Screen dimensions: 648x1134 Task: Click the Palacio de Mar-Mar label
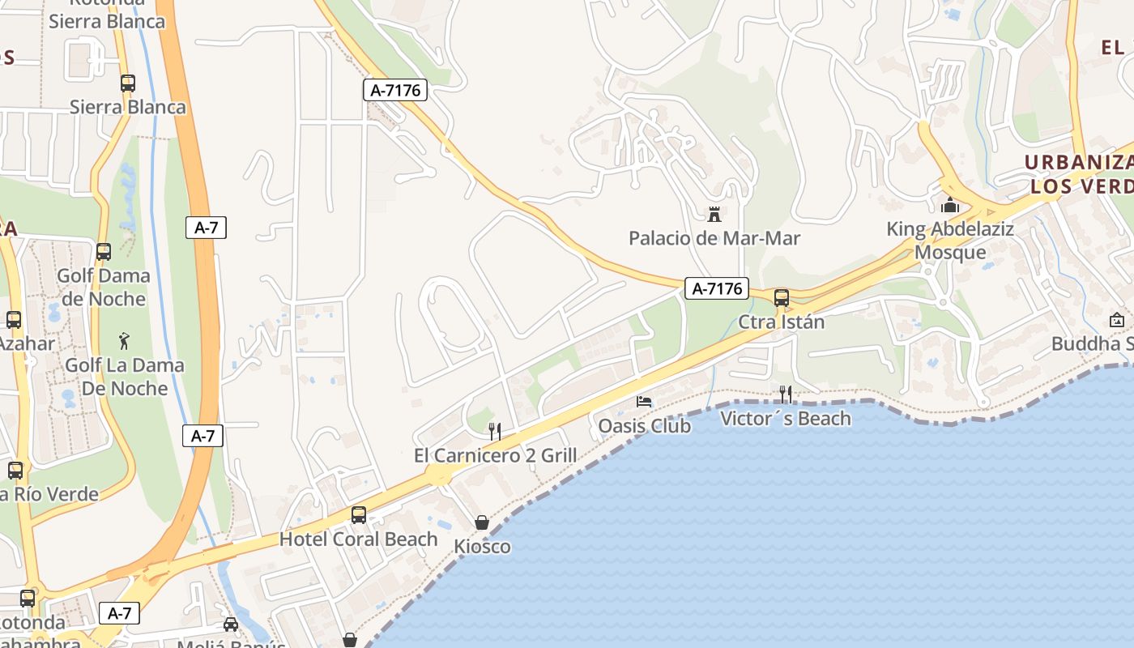pyautogui.click(x=714, y=238)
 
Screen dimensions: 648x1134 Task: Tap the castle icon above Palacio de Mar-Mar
pyautogui.click(x=714, y=215)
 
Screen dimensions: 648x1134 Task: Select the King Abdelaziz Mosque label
pyautogui.click(x=950, y=241)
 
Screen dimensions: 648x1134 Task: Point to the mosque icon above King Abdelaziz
pyautogui.click(x=950, y=205)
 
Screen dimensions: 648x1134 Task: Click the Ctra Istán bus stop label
pyautogui.click(x=781, y=322)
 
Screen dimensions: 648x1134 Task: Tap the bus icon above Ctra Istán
pyautogui.click(x=782, y=298)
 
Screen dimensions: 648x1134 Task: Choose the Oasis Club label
pyautogui.click(x=644, y=425)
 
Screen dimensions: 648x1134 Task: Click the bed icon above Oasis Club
pyautogui.click(x=644, y=402)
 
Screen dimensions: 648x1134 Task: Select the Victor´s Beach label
pyautogui.click(x=786, y=418)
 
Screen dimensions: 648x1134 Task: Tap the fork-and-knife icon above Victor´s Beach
pyautogui.click(x=785, y=394)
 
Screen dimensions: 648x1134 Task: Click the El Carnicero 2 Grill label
pyautogui.click(x=495, y=455)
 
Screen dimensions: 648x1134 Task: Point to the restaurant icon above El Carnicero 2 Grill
pyautogui.click(x=495, y=432)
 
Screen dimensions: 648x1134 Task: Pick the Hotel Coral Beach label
pyautogui.click(x=358, y=539)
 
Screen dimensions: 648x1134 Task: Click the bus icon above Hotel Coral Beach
pyautogui.click(x=358, y=515)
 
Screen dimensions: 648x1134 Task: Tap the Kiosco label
pyautogui.click(x=482, y=546)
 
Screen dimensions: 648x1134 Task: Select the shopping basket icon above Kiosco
pyautogui.click(x=482, y=522)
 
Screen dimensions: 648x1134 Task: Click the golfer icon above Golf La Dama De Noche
pyautogui.click(x=124, y=341)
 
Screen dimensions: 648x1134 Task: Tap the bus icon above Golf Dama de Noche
pyautogui.click(x=104, y=252)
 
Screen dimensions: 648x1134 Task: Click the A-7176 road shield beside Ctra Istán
pyautogui.click(x=716, y=288)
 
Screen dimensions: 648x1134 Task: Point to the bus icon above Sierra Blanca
pyautogui.click(x=127, y=83)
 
